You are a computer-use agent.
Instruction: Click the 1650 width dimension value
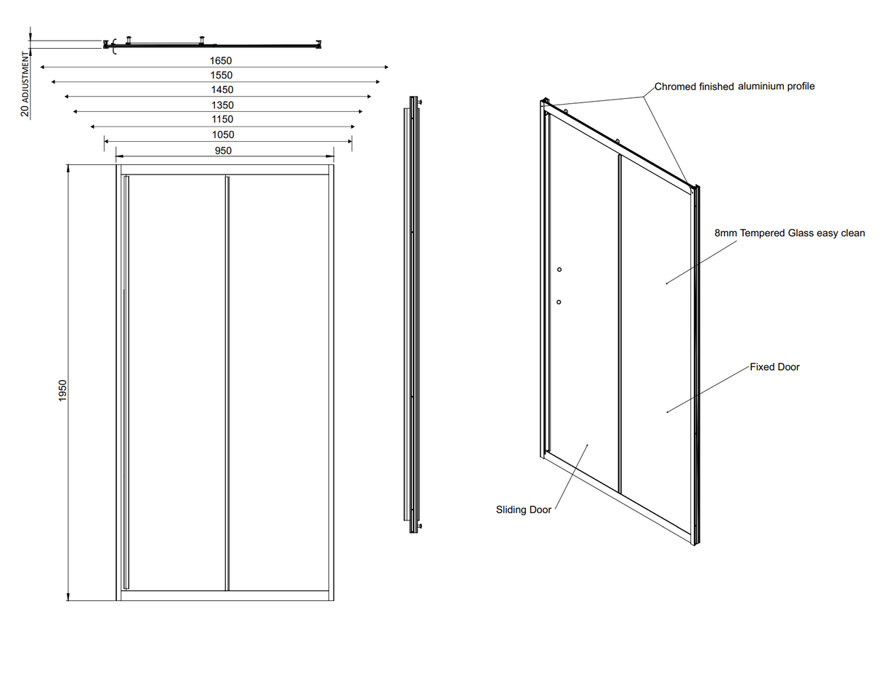tap(222, 61)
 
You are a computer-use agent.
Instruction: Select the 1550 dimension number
tap(222, 76)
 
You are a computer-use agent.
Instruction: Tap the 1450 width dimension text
tap(222, 90)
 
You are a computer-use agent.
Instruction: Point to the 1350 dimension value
tap(222, 105)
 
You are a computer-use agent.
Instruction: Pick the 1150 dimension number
tap(222, 119)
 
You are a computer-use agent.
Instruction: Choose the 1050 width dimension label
tap(223, 134)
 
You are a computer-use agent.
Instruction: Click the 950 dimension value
tap(224, 150)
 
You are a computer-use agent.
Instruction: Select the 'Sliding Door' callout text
tap(523, 510)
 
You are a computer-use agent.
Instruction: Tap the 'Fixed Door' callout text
tap(774, 367)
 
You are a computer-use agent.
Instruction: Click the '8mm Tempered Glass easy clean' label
tap(790, 233)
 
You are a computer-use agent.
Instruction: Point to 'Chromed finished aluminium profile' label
tap(735, 86)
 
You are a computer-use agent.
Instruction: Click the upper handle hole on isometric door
tap(559, 270)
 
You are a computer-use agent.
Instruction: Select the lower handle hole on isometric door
tap(559, 302)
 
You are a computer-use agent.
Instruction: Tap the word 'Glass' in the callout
tap(802, 233)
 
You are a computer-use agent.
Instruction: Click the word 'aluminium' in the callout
tap(761, 86)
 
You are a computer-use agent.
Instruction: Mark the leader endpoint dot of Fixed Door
tap(667, 412)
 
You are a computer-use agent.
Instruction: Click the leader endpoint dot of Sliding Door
tap(587, 445)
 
